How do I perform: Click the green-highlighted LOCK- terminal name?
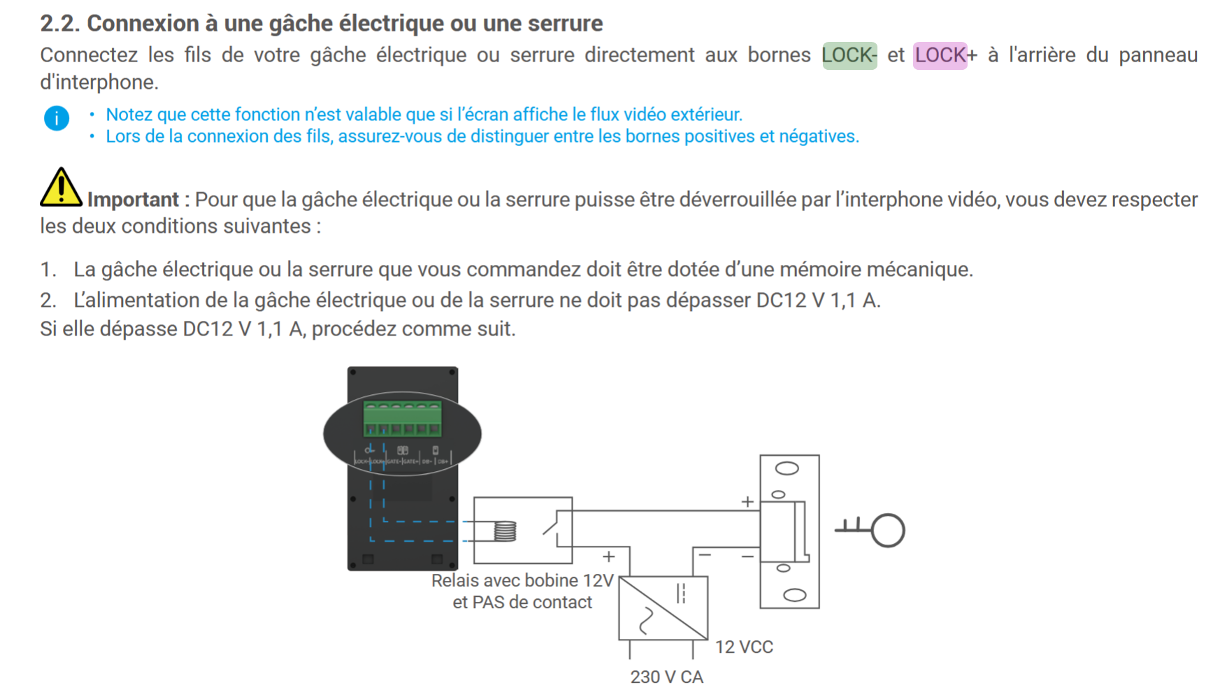849,55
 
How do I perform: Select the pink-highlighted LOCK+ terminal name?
940,55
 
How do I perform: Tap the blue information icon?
57,118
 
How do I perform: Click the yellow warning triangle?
60,188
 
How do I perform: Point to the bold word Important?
133,200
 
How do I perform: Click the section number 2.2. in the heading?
60,24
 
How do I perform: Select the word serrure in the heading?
565,24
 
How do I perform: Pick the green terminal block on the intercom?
402,419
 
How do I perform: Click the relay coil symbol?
505,532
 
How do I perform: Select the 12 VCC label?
744,647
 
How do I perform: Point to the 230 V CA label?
666,677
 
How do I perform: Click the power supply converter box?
663,607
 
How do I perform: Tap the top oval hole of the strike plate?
787,468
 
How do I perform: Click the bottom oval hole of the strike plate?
794,596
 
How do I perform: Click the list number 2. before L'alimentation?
48,301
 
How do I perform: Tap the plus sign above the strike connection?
747,502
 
